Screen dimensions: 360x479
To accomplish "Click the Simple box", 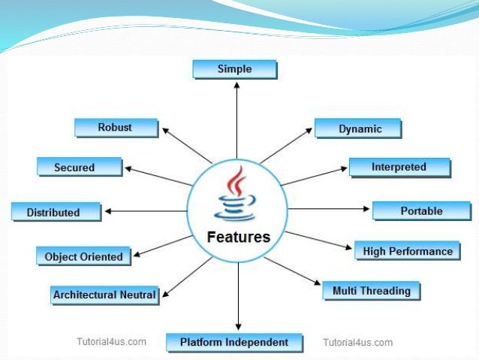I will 234,69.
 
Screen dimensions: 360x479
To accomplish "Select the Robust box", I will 116,127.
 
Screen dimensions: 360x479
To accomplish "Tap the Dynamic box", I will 358,129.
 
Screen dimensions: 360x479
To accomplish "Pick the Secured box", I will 77,167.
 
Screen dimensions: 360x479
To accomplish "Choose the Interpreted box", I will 399,167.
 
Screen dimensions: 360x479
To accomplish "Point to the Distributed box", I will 55,212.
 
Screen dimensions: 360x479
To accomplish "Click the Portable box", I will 420,211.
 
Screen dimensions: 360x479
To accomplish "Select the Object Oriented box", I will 83,256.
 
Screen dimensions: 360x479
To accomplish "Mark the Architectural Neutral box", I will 104,295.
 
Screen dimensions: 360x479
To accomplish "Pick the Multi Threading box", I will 371,290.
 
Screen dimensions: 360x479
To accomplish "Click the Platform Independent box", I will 234,343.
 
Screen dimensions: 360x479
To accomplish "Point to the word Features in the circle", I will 238,237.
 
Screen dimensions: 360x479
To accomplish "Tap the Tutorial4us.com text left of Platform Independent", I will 110,342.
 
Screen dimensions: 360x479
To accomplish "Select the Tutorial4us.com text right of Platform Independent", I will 357,342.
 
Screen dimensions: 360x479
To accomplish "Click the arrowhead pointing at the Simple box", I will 237,85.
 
